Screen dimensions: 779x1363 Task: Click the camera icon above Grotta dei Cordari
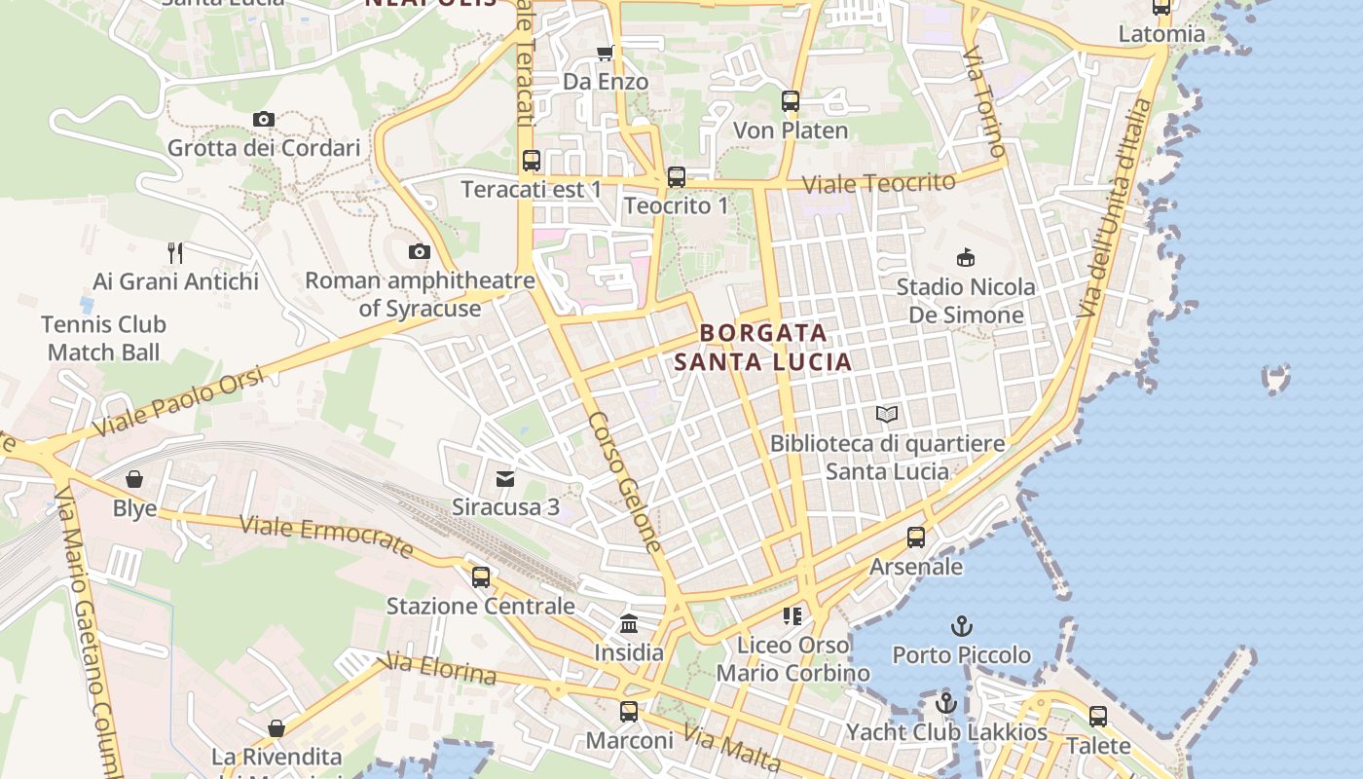click(263, 120)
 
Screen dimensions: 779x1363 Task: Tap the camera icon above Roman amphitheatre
click(420, 252)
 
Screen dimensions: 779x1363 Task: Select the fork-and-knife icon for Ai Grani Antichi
click(175, 253)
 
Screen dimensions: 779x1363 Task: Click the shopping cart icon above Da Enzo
click(605, 53)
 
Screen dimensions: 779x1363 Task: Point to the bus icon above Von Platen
click(790, 101)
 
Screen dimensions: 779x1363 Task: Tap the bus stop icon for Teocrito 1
click(676, 177)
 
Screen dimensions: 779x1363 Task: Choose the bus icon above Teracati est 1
click(531, 161)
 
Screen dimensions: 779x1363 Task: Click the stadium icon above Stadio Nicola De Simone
click(965, 258)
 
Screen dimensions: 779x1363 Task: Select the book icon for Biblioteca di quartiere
click(886, 415)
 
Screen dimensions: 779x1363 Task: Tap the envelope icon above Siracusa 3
click(505, 479)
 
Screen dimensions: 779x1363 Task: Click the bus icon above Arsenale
click(915, 538)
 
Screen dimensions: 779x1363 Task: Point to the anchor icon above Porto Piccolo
click(962, 626)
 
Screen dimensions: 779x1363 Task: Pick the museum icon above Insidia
click(629, 624)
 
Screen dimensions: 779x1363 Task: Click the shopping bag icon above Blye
click(134, 479)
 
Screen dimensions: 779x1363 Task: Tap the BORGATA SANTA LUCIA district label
click(763, 348)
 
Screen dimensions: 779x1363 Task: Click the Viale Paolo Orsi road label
click(180, 402)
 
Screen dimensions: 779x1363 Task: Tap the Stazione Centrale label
click(480, 606)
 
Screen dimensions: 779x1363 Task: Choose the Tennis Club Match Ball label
click(104, 338)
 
